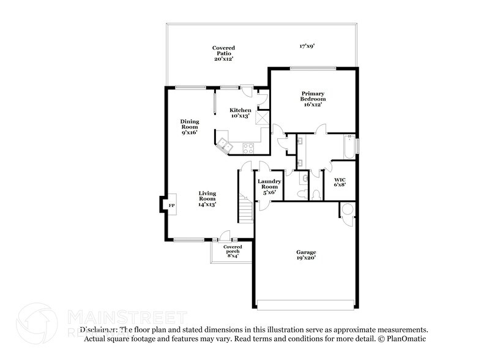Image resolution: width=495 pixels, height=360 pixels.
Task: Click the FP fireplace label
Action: click(171, 205)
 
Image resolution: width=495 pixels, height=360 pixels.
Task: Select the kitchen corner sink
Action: click(224, 144)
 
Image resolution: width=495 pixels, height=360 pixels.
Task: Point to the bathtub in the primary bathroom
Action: click(346, 147)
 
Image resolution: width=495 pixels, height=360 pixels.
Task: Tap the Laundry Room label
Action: click(269, 186)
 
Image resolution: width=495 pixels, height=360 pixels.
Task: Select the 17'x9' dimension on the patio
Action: click(307, 46)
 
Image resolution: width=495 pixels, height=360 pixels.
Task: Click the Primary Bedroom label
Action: click(313, 99)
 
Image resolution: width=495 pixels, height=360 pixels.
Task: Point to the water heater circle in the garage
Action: click(348, 209)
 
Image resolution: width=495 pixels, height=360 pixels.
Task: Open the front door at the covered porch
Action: click(225, 236)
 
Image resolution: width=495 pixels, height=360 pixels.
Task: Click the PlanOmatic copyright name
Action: click(407, 339)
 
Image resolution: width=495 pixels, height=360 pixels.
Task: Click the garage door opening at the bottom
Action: click(305, 304)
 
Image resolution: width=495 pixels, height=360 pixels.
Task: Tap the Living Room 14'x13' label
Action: click(207, 199)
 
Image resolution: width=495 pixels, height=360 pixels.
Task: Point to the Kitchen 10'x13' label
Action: click(240, 113)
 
